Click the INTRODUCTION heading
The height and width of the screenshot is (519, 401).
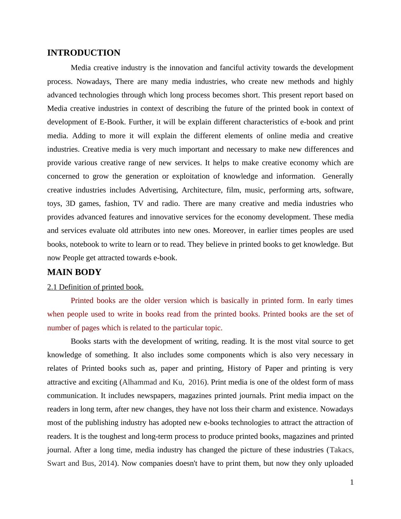click(84, 53)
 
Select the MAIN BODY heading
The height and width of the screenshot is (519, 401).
click(74, 272)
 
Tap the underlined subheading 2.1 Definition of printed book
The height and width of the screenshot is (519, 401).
click(95, 287)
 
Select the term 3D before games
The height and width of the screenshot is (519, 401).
click(70, 204)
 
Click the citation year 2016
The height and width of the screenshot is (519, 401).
click(196, 382)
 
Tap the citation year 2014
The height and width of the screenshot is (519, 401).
click(106, 463)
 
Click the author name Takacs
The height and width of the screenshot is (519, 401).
click(341, 450)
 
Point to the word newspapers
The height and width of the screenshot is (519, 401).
click(158, 396)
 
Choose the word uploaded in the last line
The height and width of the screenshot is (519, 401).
click(338, 463)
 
